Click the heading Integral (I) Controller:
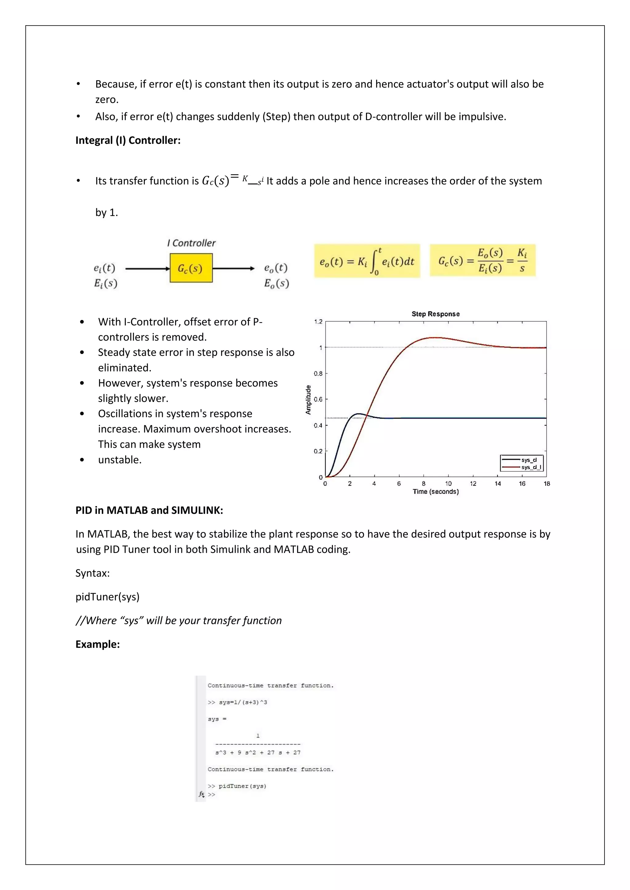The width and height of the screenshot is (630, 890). click(128, 140)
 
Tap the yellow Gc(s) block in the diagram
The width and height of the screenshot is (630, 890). click(191, 268)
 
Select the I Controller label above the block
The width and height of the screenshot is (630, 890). click(191, 243)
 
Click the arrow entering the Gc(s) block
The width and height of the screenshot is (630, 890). click(147, 268)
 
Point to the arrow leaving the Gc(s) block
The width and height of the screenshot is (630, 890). click(233, 268)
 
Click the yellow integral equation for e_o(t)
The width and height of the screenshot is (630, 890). click(367, 261)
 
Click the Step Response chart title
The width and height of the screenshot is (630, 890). click(435, 314)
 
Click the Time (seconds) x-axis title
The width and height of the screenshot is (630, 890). click(435, 491)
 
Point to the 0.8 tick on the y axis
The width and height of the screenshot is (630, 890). click(318, 374)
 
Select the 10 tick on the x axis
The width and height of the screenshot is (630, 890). click(448, 483)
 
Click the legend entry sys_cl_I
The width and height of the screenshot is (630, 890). click(530, 467)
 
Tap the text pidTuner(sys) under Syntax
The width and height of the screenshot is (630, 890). click(107, 597)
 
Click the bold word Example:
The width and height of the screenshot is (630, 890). click(98, 644)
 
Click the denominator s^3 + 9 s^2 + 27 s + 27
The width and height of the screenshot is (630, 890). click(258, 752)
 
